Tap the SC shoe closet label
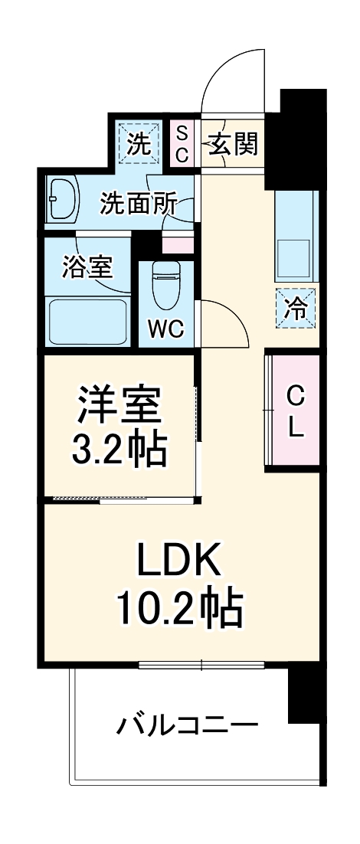182,142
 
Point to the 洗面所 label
139,204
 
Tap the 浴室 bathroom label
88,267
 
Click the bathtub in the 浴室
87,321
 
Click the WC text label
165,330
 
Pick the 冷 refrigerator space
296,307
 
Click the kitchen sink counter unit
296,237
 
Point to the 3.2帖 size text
119,451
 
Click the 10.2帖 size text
179,610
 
